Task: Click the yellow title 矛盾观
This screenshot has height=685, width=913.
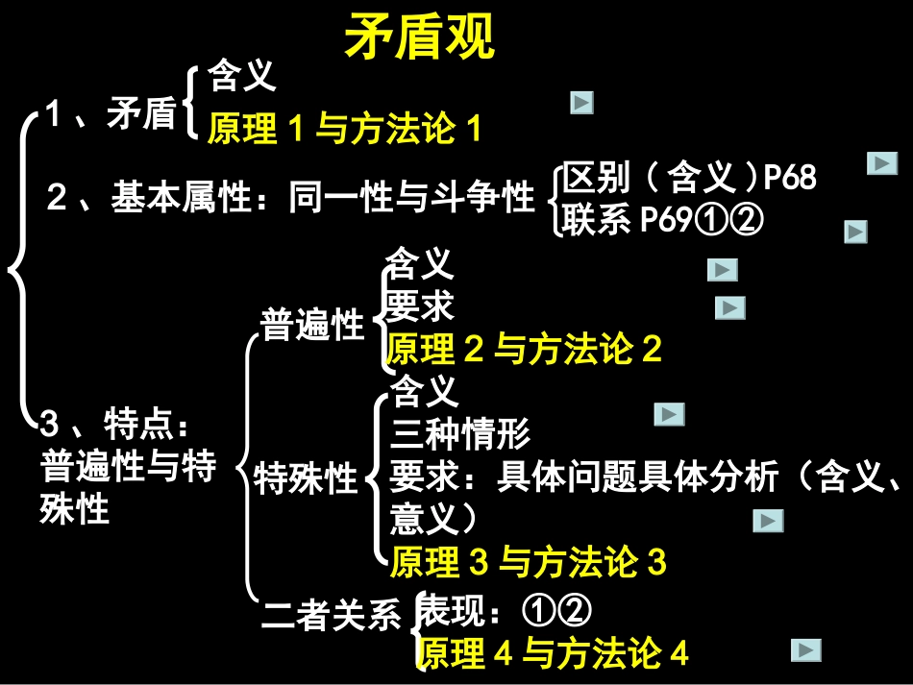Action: pos(418,38)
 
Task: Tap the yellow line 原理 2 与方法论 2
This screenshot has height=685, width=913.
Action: pos(524,349)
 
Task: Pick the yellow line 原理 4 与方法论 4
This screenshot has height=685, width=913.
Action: pos(553,653)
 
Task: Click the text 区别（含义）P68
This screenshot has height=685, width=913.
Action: pos(688,178)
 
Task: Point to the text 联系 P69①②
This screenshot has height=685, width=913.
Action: pos(662,221)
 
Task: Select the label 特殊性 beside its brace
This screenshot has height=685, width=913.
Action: pos(306,477)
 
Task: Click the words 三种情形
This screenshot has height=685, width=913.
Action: pos(460,434)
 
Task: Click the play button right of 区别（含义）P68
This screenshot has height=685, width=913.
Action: pos(881,164)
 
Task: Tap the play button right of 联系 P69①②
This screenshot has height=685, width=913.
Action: pos(855,232)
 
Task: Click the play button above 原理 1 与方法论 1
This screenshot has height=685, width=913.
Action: pos(581,103)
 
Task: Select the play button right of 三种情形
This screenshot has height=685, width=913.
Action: pos(669,414)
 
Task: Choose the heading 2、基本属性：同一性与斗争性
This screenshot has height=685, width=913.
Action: pos(291,198)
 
